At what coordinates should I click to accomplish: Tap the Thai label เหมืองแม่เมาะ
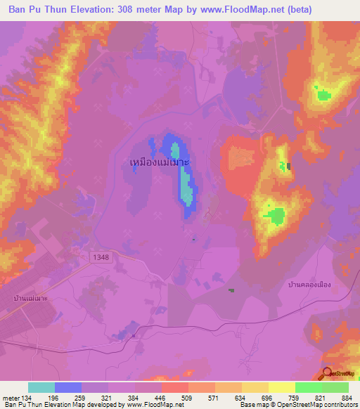(x=161, y=162)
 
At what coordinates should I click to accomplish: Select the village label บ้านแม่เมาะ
(x=30, y=298)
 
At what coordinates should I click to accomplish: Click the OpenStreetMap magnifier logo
(x=328, y=373)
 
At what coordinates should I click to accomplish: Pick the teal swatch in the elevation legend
(x=41, y=387)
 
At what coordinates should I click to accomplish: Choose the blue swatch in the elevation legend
(x=68, y=387)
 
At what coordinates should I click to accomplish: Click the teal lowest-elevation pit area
(x=186, y=186)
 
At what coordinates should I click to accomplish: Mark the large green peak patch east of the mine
(x=274, y=215)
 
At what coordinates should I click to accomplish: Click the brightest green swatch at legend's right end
(x=335, y=387)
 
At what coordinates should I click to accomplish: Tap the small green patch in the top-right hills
(x=323, y=94)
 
